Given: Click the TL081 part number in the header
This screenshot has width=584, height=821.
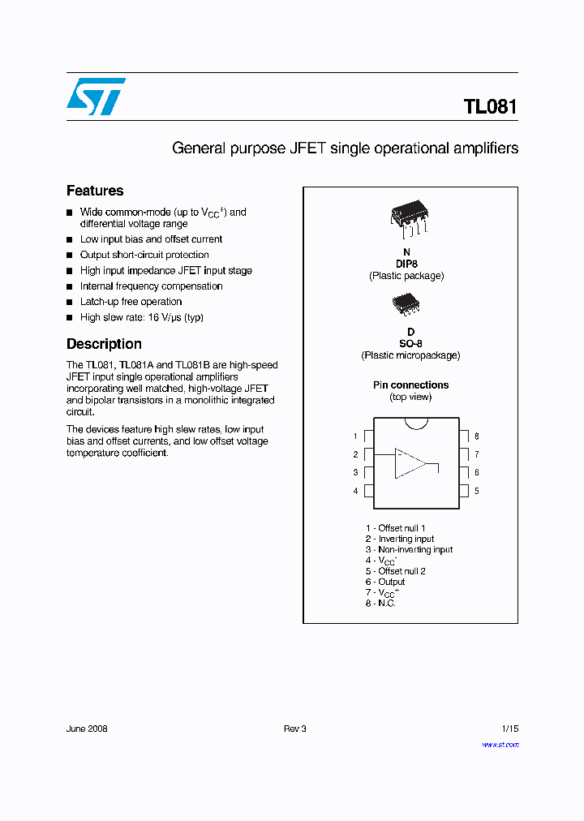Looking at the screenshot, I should [490, 107].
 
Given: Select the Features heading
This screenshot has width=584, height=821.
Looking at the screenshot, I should [95, 191].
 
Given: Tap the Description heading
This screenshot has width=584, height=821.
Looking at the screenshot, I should [104, 344].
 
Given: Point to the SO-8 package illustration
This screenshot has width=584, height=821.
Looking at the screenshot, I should [406, 304].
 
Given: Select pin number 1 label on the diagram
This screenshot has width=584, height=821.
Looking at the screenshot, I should [355, 436].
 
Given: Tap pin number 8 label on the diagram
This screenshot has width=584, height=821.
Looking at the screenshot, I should [477, 436].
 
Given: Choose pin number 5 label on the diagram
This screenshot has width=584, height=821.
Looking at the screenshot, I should [477, 491].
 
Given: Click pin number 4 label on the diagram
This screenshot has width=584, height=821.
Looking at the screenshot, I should [355, 491].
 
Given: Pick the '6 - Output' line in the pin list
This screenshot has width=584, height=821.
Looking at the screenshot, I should [385, 582].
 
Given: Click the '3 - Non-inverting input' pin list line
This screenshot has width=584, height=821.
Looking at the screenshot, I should [409, 549].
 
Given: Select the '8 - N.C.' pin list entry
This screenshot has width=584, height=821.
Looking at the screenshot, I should [380, 604].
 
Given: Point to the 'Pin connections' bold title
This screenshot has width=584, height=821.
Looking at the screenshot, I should [410, 385].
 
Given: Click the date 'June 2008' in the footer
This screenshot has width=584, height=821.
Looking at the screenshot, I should [87, 729].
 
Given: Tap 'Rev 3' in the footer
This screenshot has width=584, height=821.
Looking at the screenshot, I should [294, 729].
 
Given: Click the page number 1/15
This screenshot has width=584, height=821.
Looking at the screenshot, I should [509, 729].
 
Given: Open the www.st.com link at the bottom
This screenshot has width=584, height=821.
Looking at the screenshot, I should [500, 744].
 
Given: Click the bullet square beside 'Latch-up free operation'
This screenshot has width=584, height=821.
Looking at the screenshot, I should [70, 302].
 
